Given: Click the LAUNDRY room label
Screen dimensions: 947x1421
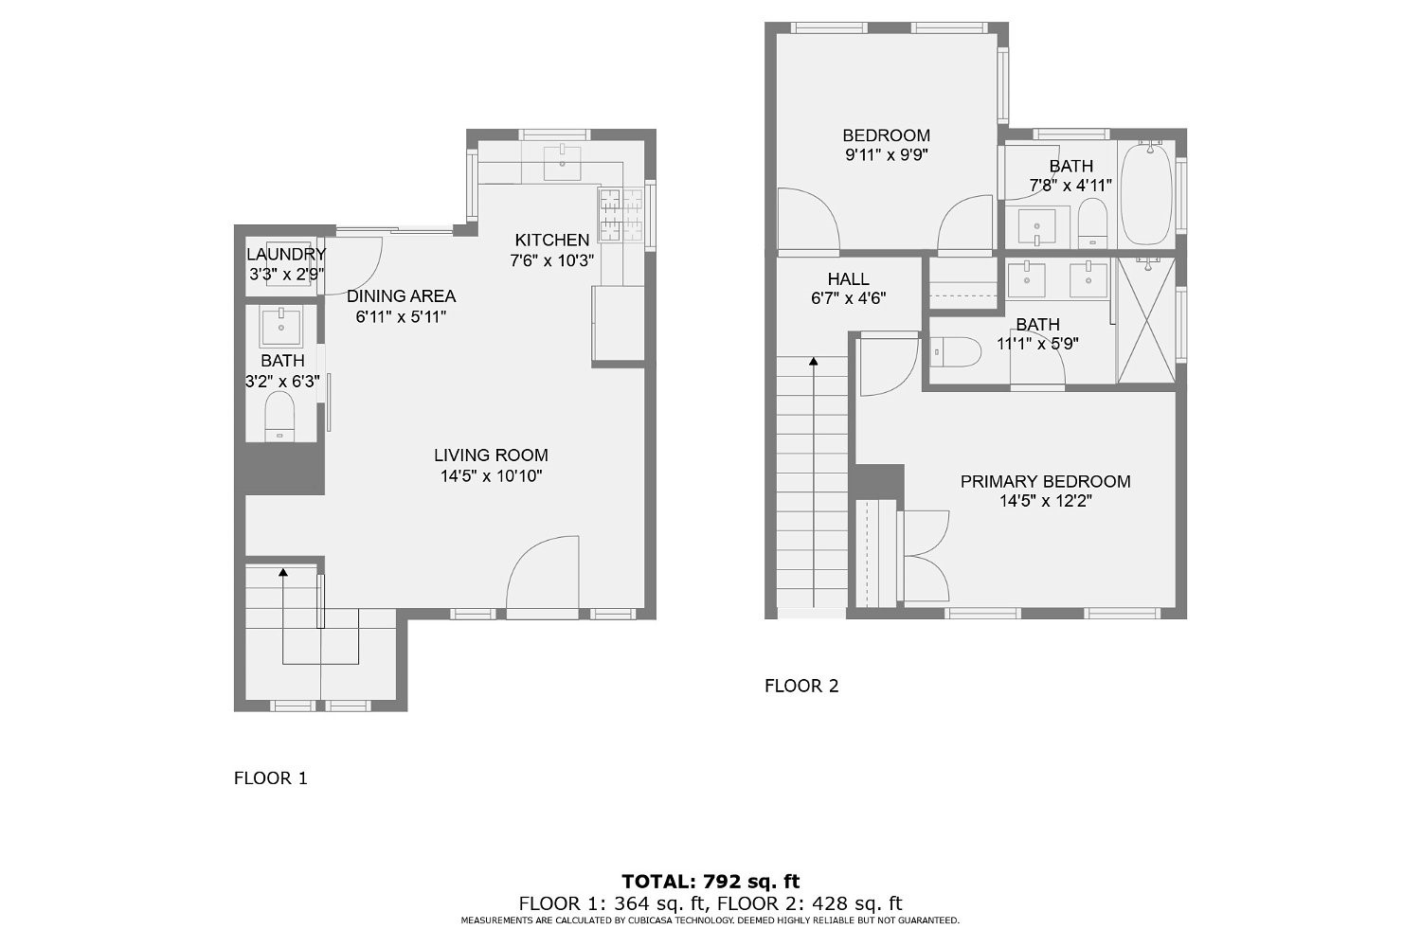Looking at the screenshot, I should pos(285,254).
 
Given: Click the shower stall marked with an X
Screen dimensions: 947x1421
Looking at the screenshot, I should pos(1146,320).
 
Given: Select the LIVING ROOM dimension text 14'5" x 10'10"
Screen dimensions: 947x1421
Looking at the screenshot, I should pos(491,476).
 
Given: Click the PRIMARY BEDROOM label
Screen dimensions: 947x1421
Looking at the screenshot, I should pos(1045,481).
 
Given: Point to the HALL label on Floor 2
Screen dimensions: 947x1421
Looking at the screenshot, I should pos(848,279).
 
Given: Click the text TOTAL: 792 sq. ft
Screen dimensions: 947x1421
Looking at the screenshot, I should pos(710,882).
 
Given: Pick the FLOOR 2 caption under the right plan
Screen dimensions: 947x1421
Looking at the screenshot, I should pos(801,686).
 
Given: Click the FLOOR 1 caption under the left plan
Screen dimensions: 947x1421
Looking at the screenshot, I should pos(270,778).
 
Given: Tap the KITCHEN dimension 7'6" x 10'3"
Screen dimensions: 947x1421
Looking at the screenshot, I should pos(552,260).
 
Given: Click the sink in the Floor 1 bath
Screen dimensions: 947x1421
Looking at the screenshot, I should pos(280,326).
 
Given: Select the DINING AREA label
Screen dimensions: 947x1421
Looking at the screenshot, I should pos(401,295).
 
